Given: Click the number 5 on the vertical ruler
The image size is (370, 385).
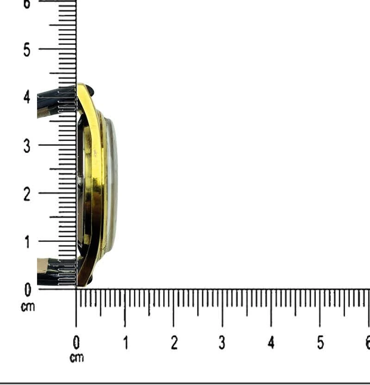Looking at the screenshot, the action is pyautogui.click(x=27, y=50).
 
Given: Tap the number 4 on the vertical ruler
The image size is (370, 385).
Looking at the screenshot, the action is pyautogui.click(x=27, y=97).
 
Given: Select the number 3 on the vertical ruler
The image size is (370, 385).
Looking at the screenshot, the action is pyautogui.click(x=27, y=146).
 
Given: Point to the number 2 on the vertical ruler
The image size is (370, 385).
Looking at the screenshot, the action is pyautogui.click(x=27, y=194).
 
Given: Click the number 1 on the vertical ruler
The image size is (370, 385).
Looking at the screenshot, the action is pyautogui.click(x=27, y=242).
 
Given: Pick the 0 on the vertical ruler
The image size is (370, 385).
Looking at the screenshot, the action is pyautogui.click(x=28, y=290).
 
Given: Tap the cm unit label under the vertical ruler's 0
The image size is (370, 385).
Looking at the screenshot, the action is pyautogui.click(x=28, y=307).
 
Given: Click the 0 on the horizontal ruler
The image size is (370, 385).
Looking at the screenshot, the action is pyautogui.click(x=76, y=342).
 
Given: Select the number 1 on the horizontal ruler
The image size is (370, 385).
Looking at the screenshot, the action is pyautogui.click(x=126, y=342).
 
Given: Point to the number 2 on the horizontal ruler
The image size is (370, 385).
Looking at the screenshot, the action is pyautogui.click(x=174, y=342).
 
